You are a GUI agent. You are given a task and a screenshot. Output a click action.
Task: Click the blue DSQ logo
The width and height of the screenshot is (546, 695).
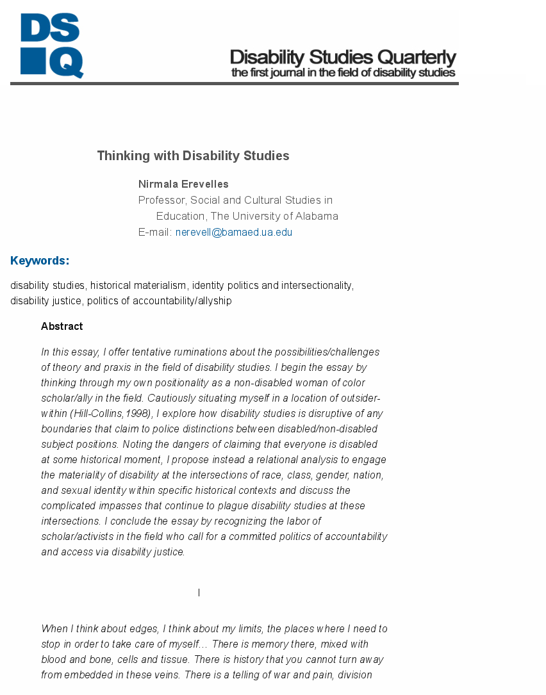coord(51,45)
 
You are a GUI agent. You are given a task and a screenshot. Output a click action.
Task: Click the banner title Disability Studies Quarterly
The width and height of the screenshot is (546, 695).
coord(343,57)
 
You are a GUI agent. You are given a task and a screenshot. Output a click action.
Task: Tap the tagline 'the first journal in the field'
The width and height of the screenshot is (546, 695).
coord(343,73)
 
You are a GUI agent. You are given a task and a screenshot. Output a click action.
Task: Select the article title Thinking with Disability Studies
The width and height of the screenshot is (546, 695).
coord(193,156)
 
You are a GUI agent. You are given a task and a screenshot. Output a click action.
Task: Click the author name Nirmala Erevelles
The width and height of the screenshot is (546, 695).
coord(183,184)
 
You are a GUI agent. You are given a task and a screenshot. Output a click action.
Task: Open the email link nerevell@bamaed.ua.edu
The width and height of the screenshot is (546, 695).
coord(234,233)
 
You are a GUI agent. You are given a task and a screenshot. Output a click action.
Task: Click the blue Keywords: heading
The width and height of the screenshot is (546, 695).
coord(40,261)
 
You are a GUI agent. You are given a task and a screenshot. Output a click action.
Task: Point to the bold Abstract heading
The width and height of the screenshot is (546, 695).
coord(62,327)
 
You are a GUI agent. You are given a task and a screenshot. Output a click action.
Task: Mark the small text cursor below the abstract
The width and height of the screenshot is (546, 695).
coord(199,593)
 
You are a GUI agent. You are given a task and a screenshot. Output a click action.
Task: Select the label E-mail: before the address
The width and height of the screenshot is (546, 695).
coord(155,233)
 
